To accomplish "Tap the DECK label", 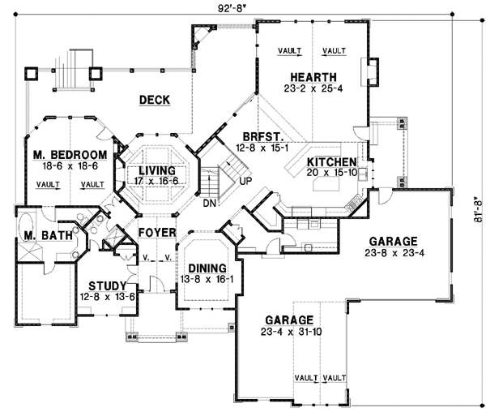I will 153,100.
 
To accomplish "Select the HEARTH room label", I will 311,77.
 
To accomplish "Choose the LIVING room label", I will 156,170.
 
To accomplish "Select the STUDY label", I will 107,285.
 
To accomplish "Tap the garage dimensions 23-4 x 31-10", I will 289,332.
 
